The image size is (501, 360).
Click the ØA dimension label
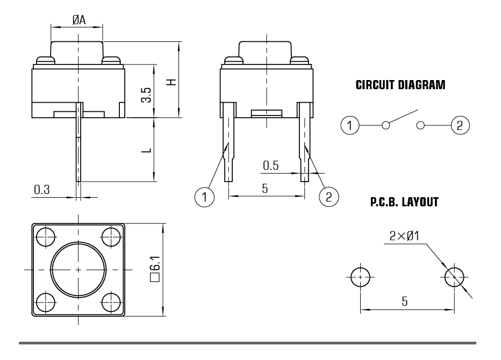click(79, 20)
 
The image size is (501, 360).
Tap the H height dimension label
click(171, 82)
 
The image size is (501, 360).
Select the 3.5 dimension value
click(146, 95)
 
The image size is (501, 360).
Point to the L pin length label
click(146, 150)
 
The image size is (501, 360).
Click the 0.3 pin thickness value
click(42, 190)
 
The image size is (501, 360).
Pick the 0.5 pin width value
click(270, 165)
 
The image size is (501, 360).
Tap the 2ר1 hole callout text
click(404, 236)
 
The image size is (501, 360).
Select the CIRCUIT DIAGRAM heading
click(400, 85)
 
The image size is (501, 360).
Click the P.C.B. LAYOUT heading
click(404, 202)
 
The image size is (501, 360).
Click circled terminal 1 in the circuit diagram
click(350, 125)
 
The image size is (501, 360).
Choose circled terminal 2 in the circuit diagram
click(460, 125)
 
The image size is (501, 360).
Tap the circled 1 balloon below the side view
click(204, 197)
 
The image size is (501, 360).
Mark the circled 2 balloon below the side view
click(329, 197)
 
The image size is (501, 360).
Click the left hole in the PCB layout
click(360, 277)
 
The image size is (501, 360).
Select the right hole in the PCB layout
click(454, 277)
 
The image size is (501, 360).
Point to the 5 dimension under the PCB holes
click(405, 301)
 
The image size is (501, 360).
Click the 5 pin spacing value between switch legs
click(265, 189)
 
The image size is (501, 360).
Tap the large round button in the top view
click(78, 270)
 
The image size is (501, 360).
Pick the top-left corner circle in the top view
click(46, 237)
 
